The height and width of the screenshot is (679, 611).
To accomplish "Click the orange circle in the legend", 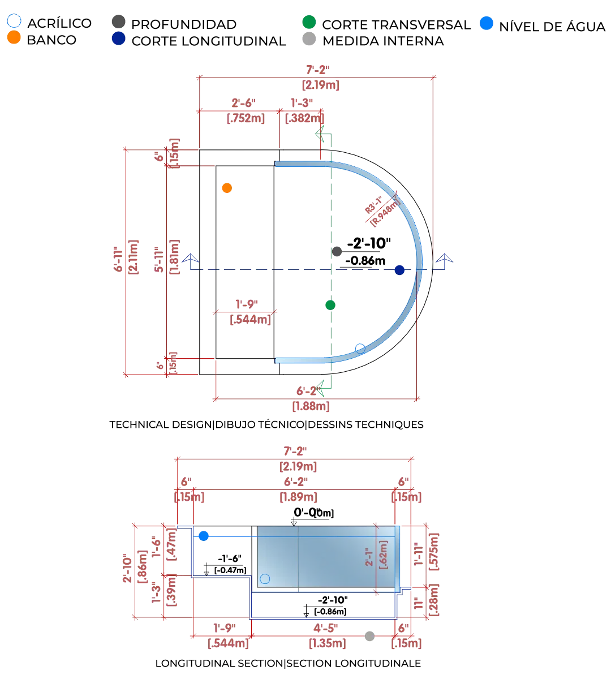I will [x=14, y=37].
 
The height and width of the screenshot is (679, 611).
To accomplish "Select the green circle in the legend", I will [x=309, y=23].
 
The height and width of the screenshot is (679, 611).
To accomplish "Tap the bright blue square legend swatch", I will [x=486, y=24].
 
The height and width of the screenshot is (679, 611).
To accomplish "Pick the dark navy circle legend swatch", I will [x=118, y=38].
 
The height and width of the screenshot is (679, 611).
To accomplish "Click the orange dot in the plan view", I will [x=227, y=188].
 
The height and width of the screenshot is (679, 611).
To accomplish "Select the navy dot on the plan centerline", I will [x=400, y=270].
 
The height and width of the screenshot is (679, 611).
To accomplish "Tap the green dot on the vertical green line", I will [x=330, y=306].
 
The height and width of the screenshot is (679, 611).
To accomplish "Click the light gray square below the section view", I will [x=369, y=636].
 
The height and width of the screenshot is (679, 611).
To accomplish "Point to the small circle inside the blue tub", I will [x=265, y=579].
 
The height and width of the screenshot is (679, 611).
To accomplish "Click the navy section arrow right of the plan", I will [x=446, y=257].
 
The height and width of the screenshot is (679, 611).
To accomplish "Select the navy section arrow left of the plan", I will [x=191, y=257].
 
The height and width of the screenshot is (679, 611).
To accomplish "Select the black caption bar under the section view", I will [x=287, y=663].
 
